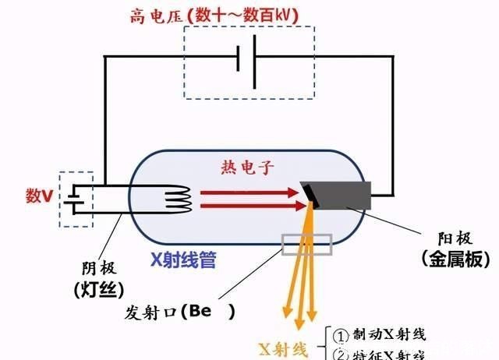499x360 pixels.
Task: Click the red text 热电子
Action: pos(247,166)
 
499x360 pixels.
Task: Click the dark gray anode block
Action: pos(343,197)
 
